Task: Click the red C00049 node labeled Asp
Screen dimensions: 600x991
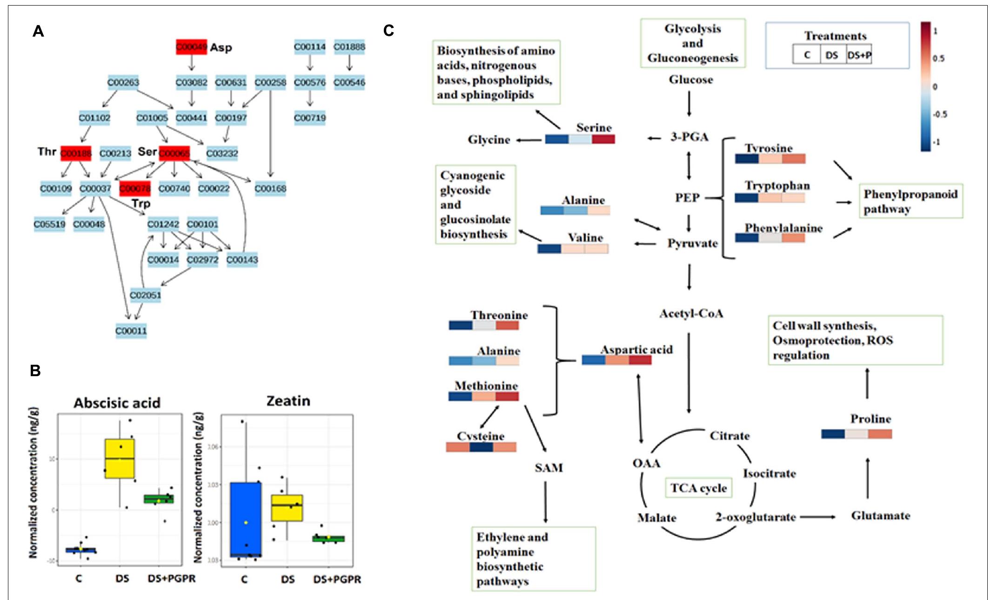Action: tap(191, 47)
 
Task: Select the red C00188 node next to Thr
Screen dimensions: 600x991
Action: tap(76, 153)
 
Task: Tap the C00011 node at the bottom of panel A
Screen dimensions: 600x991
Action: tap(131, 330)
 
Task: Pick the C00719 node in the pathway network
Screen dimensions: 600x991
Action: tap(310, 118)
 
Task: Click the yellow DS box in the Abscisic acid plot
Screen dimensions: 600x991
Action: tap(120, 458)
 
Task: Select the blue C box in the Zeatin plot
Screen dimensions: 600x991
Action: tap(246, 519)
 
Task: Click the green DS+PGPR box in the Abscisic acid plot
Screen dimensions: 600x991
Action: tap(159, 499)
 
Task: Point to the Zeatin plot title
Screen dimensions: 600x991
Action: tap(288, 401)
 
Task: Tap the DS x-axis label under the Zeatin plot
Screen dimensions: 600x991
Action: tap(288, 579)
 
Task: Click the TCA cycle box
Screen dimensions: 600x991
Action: tap(698, 488)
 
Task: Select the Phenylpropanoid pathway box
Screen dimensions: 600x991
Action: tap(911, 201)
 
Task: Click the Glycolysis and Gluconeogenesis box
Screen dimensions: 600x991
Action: tap(693, 43)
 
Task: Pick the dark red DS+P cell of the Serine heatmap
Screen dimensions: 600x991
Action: tap(603, 139)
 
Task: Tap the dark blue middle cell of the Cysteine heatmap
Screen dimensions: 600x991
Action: tap(481, 447)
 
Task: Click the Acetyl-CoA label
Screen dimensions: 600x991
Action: tap(691, 314)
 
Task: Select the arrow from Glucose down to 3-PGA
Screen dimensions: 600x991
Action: tap(689, 103)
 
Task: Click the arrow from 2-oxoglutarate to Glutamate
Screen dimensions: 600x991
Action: tap(817, 517)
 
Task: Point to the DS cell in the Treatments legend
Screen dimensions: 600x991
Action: tap(832, 55)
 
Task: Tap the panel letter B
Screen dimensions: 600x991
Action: tap(35, 371)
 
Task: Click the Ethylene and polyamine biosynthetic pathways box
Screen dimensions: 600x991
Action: tap(533, 559)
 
